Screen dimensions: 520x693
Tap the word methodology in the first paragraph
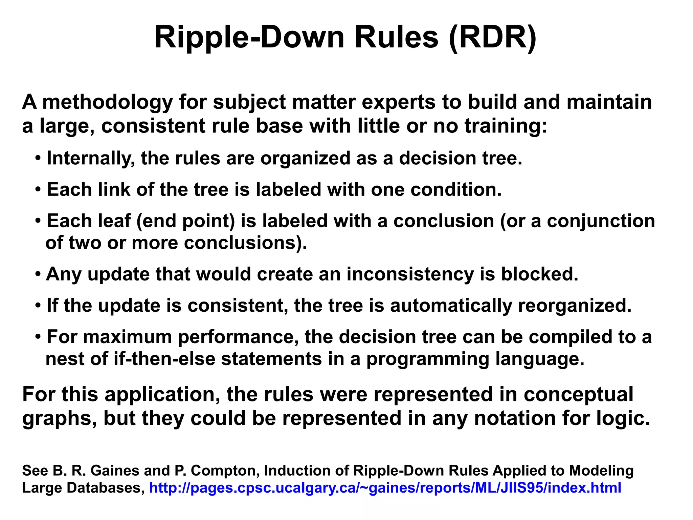[107, 102]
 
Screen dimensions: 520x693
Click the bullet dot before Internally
[38, 159]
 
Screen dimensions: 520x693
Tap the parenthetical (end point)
[185, 221]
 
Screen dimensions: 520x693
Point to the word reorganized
[575, 306]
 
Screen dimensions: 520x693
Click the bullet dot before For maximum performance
[38, 337]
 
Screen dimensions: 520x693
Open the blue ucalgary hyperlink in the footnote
[385, 488]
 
